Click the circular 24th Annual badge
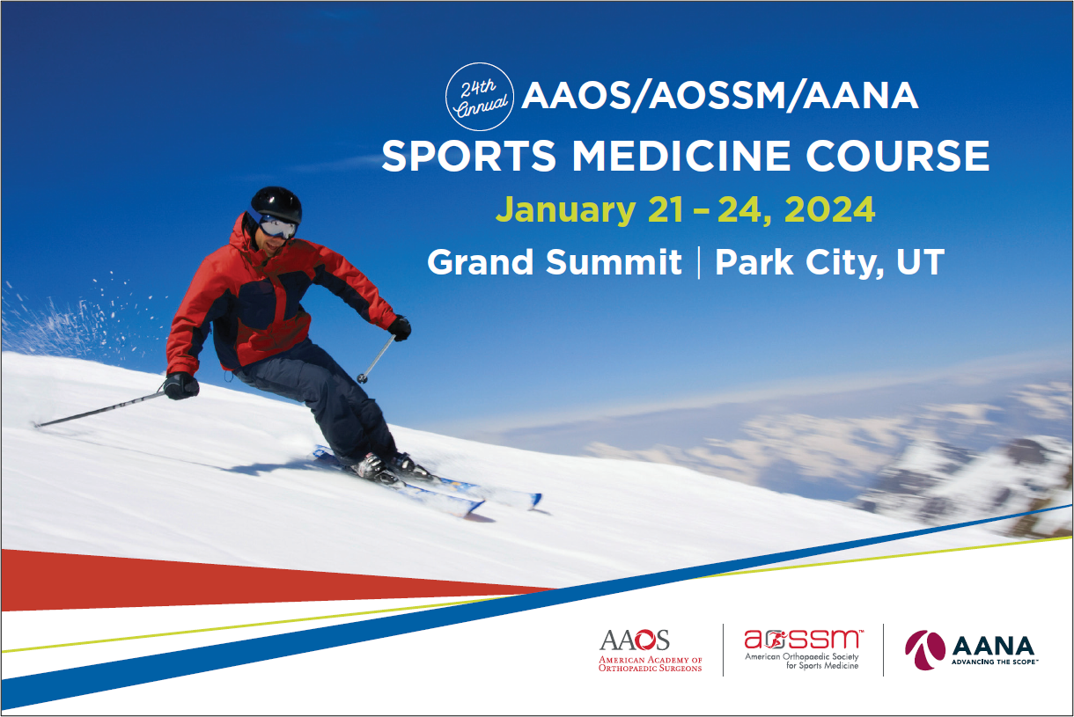(480, 97)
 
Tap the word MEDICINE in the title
(681, 156)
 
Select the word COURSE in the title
(898, 156)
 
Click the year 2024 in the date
(829, 209)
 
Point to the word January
(566, 211)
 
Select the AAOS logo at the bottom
(651, 650)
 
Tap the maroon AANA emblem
(925, 649)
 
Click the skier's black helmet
(276, 205)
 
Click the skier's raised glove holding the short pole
(400, 328)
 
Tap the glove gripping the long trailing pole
(180, 386)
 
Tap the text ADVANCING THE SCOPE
(995, 662)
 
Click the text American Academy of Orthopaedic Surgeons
(651, 664)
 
